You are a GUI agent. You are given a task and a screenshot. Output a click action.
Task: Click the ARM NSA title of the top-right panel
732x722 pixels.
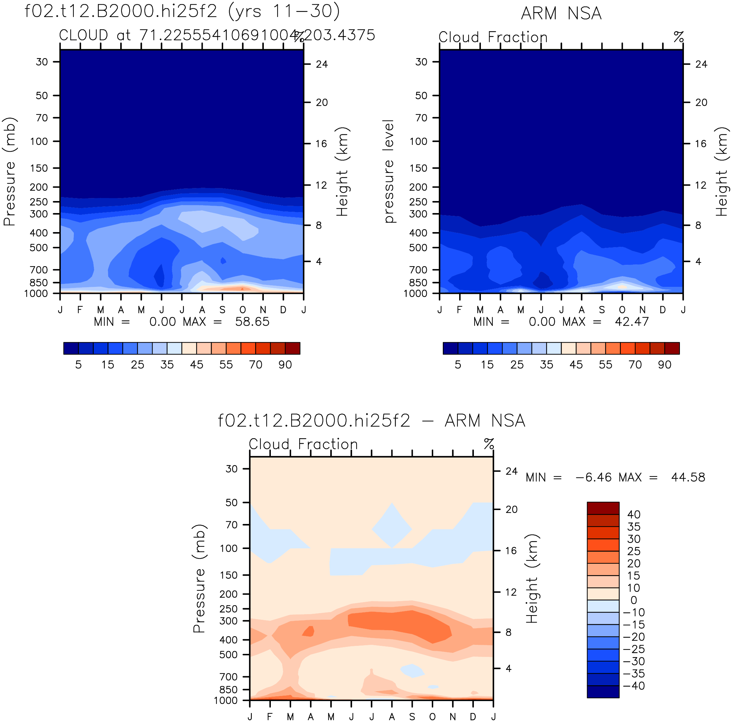pyautogui.click(x=561, y=14)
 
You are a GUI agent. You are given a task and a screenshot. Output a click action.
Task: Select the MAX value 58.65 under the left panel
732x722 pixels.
pyautogui.click(x=252, y=322)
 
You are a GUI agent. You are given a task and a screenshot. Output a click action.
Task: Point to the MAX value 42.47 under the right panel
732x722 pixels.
pyautogui.click(x=631, y=322)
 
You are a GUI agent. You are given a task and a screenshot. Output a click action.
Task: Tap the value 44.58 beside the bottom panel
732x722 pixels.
pyautogui.click(x=688, y=477)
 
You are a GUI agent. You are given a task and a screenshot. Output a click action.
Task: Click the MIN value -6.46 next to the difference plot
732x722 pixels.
pyautogui.click(x=593, y=477)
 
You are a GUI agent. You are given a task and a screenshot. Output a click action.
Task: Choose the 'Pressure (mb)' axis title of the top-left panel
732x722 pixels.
pyautogui.click(x=10, y=172)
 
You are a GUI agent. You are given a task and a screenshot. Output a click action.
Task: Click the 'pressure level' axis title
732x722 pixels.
pyautogui.click(x=389, y=171)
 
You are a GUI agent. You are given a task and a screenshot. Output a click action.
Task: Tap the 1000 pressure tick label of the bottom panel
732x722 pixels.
pyautogui.click(x=226, y=700)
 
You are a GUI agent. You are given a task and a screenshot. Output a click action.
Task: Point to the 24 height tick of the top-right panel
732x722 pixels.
pyautogui.click(x=701, y=64)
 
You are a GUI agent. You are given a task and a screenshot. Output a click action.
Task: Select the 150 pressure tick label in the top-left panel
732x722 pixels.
pyautogui.click(x=39, y=168)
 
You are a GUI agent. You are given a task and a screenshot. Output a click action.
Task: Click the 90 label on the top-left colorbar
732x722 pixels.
pyautogui.click(x=285, y=364)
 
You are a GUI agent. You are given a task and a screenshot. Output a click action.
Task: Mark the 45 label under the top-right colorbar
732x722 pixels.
pyautogui.click(x=576, y=364)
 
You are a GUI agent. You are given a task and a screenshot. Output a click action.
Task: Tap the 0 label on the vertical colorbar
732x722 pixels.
pyautogui.click(x=634, y=600)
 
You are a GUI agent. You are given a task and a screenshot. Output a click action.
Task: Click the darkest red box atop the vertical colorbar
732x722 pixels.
pyautogui.click(x=603, y=508)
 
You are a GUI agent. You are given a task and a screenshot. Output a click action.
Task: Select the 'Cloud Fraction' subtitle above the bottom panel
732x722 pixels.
pyautogui.click(x=303, y=444)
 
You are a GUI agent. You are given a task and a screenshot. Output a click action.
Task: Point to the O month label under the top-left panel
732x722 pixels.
pyautogui.click(x=242, y=310)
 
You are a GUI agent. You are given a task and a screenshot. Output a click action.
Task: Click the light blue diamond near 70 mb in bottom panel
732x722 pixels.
pyautogui.click(x=392, y=525)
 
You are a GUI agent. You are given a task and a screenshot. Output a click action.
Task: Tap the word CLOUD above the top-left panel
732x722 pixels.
pyautogui.click(x=84, y=35)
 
